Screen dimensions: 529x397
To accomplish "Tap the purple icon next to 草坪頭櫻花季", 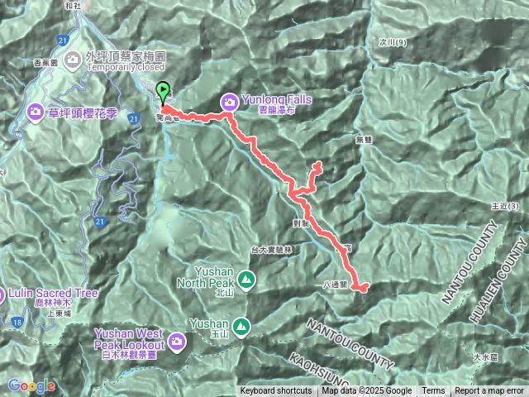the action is click(36, 111).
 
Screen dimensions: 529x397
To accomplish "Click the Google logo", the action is click(31, 385).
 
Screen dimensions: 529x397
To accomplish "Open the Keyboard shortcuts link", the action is click(276, 391).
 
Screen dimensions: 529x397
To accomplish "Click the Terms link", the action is click(433, 391).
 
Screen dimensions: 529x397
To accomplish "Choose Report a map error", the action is click(489, 391).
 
